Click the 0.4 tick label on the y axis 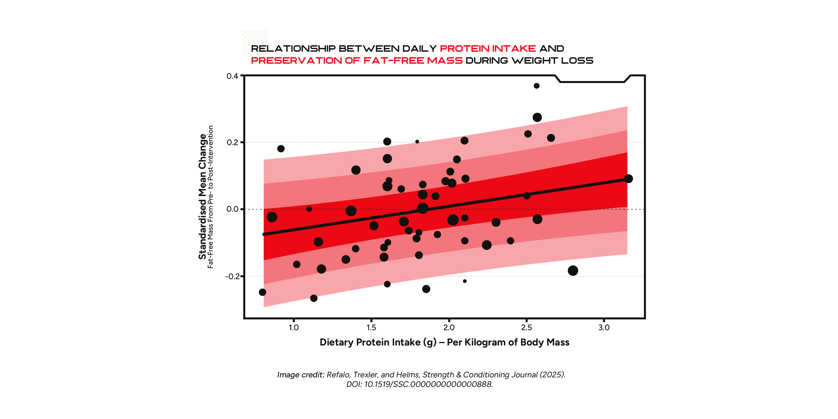[x=232, y=76]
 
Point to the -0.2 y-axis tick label [x=232, y=277]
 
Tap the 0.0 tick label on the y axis [x=232, y=209]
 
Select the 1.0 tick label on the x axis [x=294, y=328]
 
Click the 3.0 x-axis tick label [x=604, y=328]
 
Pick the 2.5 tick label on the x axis [x=526, y=328]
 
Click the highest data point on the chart [x=536, y=86]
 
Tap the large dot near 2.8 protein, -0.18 [x=573, y=270]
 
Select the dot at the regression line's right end [x=628, y=179]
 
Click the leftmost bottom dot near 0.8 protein [x=262, y=292]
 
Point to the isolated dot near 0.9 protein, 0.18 [x=281, y=149]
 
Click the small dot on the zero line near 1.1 [x=309, y=209]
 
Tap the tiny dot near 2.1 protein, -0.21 [x=464, y=281]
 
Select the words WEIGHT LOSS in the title [x=552, y=61]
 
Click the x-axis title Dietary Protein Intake [x=444, y=342]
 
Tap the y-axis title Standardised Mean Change [x=202, y=197]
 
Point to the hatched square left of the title [x=255, y=42]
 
